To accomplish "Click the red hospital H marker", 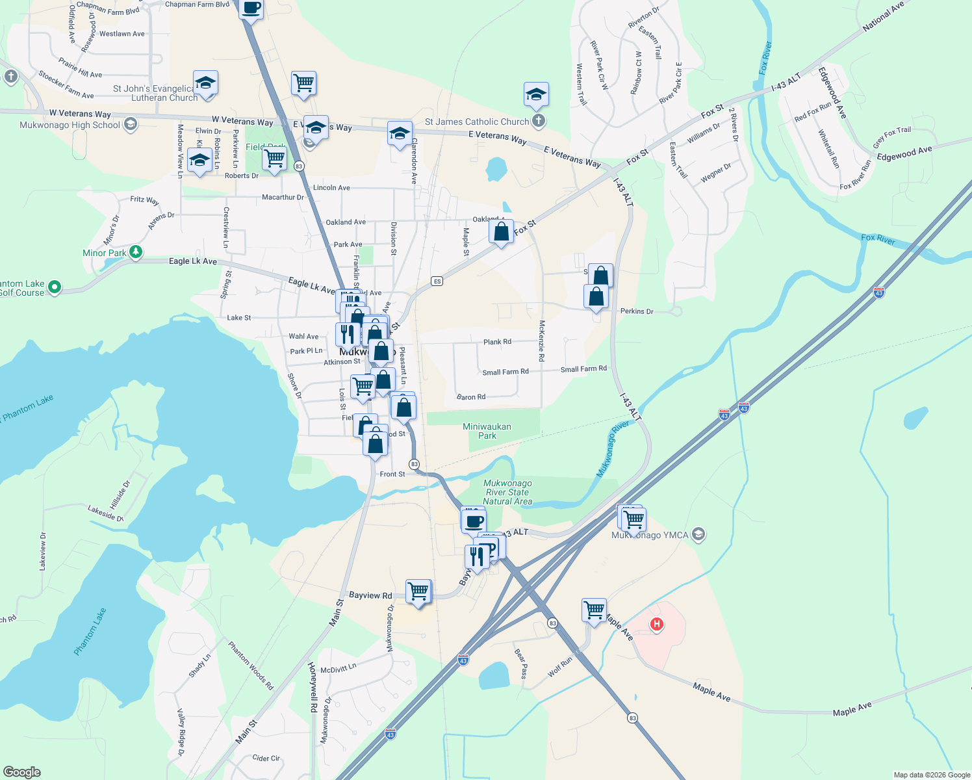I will pos(657,624).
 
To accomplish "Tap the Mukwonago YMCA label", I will pos(650,535).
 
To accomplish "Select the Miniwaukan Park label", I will pos(487,431).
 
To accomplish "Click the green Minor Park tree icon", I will pos(136,252).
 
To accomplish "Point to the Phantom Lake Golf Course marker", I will pos(55,287).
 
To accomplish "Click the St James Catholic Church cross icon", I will pos(538,121).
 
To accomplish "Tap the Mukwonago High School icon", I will pos(131,124).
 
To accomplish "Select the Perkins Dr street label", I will pos(637,311).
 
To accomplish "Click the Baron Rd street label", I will pos(471,396).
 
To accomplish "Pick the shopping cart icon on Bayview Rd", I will pos(418,591).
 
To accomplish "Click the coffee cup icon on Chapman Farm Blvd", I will pos(251,8).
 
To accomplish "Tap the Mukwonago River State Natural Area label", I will pos(507,492).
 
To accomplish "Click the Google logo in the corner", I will pos(22,772).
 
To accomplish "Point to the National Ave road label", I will pos(883,17).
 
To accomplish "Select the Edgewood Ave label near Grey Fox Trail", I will pos(904,153).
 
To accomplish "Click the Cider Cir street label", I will pos(266,758).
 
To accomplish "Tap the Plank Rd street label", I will pos(497,342).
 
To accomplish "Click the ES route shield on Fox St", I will pos(437,281).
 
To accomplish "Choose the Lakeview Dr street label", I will pos(43,551).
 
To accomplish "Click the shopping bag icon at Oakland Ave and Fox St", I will pos(502,231).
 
